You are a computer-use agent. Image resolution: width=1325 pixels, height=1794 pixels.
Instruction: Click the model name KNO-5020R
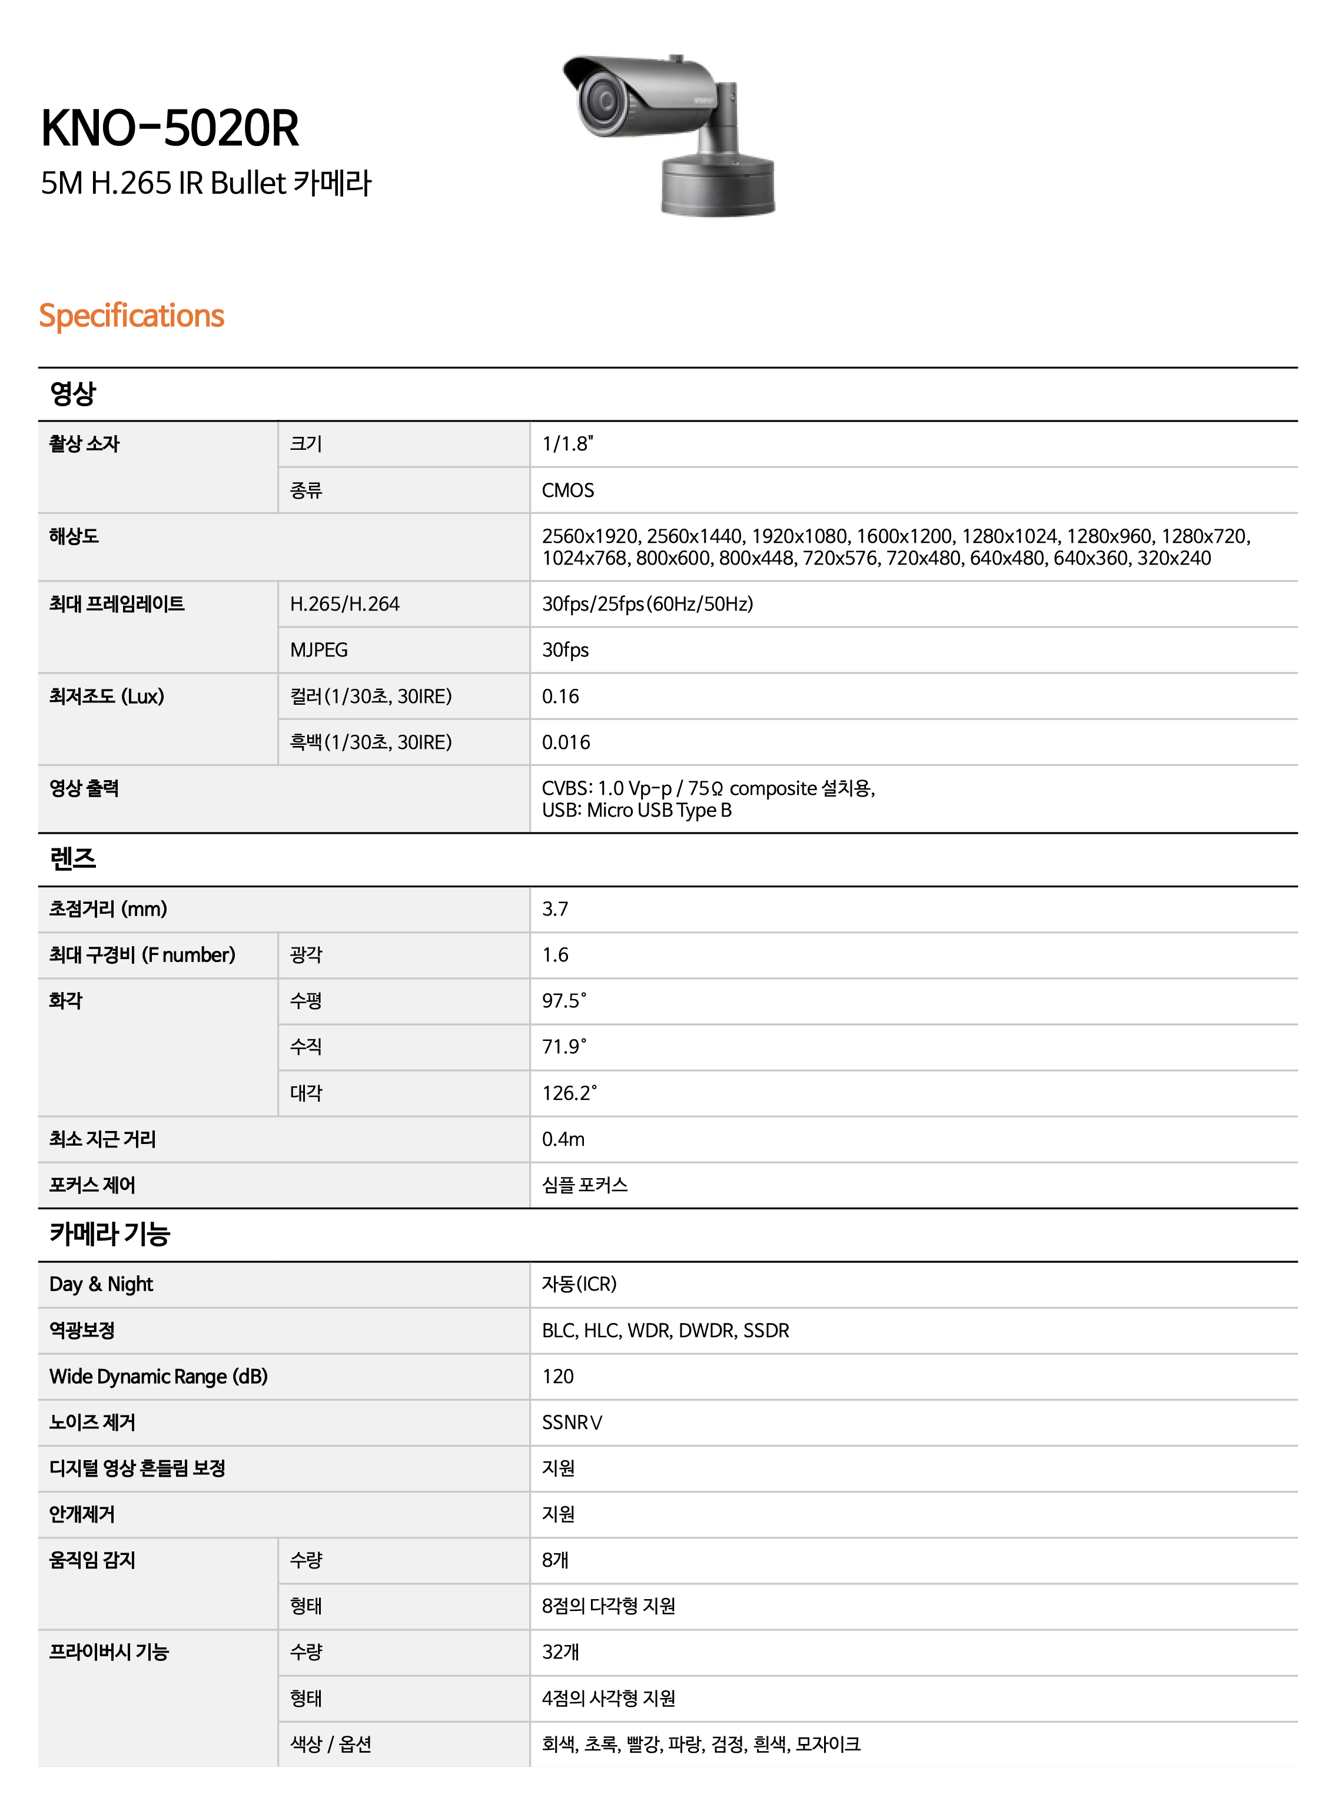[170, 128]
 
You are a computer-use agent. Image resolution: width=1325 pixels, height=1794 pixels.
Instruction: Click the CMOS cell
[568, 490]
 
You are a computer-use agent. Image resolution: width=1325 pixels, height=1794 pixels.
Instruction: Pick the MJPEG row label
[318, 650]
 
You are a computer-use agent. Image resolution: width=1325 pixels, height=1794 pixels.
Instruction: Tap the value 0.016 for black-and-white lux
[566, 742]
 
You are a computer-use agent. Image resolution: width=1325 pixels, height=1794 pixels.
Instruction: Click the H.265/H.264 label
[344, 604]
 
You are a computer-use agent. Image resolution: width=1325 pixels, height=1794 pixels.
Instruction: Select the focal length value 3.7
[555, 909]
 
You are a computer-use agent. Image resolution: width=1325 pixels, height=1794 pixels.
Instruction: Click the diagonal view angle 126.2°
[569, 1093]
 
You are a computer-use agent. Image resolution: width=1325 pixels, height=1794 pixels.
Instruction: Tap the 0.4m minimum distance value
[563, 1139]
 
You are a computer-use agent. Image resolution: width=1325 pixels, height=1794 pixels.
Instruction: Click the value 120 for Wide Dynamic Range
[557, 1376]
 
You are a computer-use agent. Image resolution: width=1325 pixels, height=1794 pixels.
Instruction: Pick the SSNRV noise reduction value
[572, 1422]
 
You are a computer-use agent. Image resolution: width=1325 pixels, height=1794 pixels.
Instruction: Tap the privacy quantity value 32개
[560, 1652]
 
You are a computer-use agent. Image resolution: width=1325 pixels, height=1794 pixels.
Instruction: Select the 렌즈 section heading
[72, 858]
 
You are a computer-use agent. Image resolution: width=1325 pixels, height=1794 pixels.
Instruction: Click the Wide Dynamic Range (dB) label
[158, 1376]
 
